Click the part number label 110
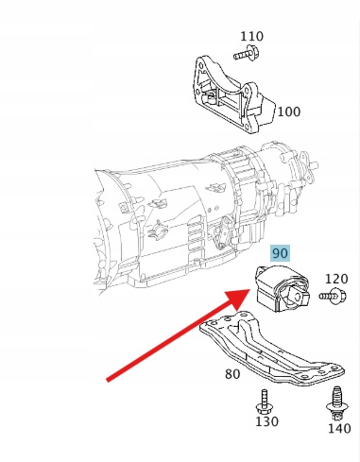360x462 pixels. click(x=251, y=37)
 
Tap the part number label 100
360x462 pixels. click(x=289, y=111)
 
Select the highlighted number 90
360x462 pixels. click(x=280, y=253)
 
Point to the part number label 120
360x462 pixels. click(x=336, y=279)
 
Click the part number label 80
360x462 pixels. click(x=232, y=374)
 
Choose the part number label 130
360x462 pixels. click(x=266, y=421)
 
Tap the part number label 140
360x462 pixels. click(x=339, y=429)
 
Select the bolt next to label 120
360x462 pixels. click(x=333, y=296)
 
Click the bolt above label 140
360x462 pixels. click(x=337, y=403)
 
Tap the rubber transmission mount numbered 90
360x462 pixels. click(x=282, y=288)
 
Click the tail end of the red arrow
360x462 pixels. click(x=108, y=379)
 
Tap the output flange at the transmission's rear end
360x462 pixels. click(x=307, y=166)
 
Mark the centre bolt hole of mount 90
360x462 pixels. click(x=297, y=297)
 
